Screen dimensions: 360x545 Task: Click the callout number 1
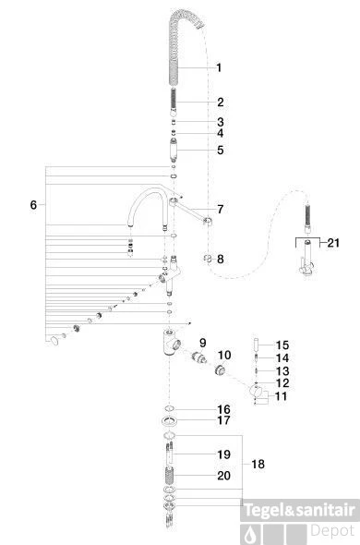[219, 67]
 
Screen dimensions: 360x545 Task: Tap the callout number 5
[221, 151]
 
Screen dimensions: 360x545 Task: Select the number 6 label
[33, 205]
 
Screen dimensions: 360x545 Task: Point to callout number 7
[221, 209]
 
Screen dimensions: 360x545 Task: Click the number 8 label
[221, 259]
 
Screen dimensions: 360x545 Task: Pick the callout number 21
[333, 243]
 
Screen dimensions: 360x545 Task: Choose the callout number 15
[282, 345]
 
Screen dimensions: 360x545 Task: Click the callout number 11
[281, 396]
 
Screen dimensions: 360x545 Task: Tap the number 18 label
[258, 464]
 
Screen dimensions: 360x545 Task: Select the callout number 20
[223, 476]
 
